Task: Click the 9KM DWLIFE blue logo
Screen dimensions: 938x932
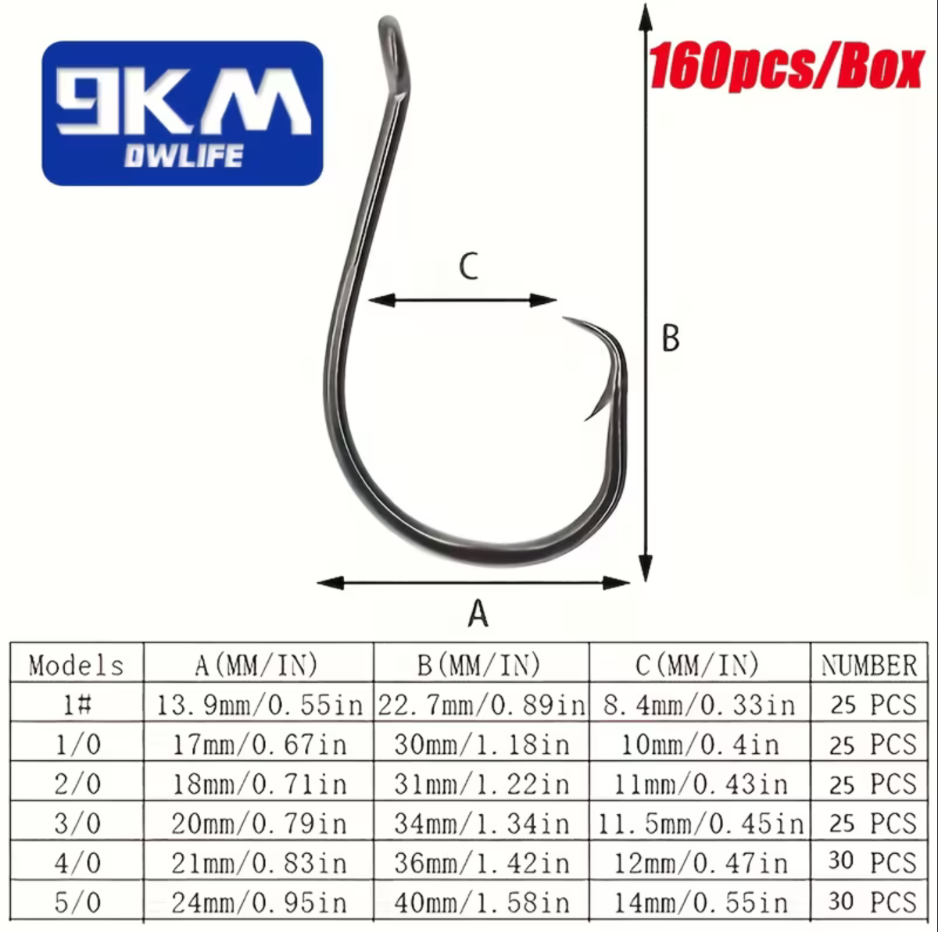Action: coord(183,113)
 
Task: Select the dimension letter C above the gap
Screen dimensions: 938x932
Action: coord(469,266)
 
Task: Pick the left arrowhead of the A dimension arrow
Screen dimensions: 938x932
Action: coord(331,583)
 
